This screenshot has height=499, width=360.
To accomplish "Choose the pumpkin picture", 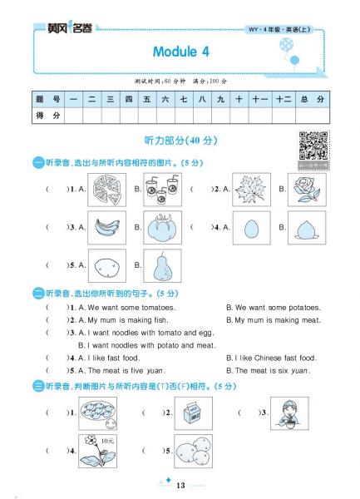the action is tap(163, 227).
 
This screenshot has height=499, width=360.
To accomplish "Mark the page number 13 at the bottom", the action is tap(180, 485).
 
